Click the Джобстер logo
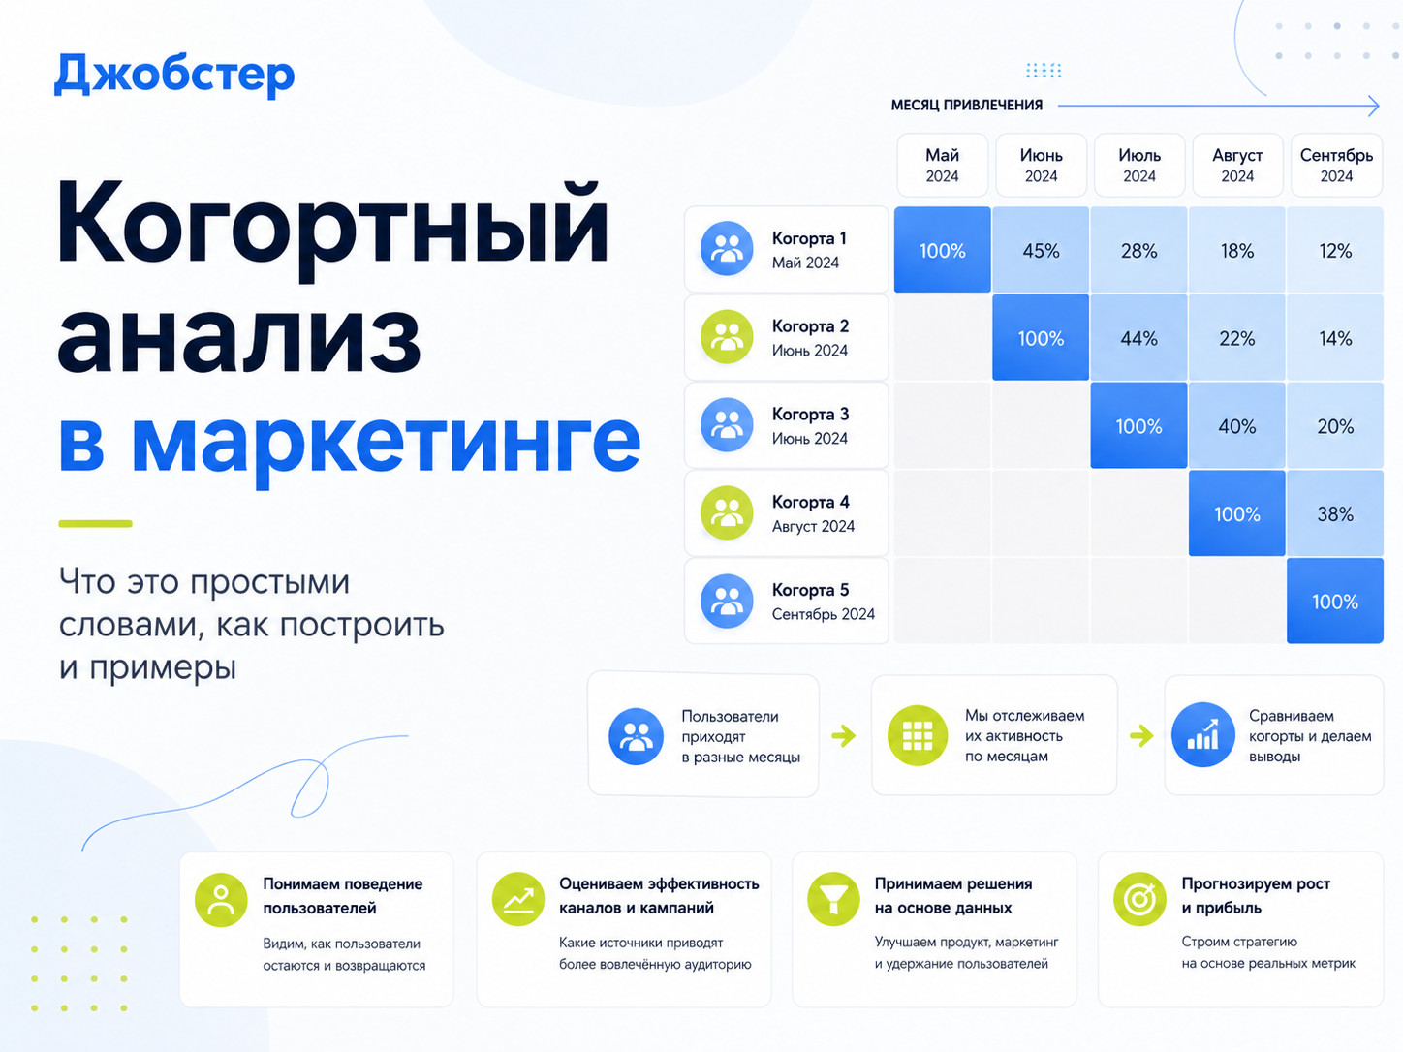click(x=174, y=75)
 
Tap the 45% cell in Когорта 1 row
click(x=1041, y=250)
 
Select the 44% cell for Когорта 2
click(x=1139, y=338)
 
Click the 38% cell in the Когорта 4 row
click(x=1335, y=513)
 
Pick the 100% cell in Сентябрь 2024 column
click(x=1335, y=601)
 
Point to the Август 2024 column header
click(x=1237, y=165)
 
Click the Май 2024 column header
click(x=942, y=165)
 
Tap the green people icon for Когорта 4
click(x=727, y=512)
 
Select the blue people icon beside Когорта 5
click(x=727, y=601)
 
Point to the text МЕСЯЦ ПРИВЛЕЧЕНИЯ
click(x=966, y=105)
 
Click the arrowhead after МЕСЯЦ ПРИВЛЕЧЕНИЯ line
click(x=1374, y=106)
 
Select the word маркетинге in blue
click(x=386, y=441)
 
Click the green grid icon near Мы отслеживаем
click(x=918, y=735)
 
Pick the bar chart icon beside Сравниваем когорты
click(x=1203, y=734)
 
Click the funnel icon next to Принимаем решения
click(x=833, y=899)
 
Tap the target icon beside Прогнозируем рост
click(x=1139, y=899)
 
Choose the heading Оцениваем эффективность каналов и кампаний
click(x=659, y=895)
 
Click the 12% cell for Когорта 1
click(x=1335, y=250)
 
